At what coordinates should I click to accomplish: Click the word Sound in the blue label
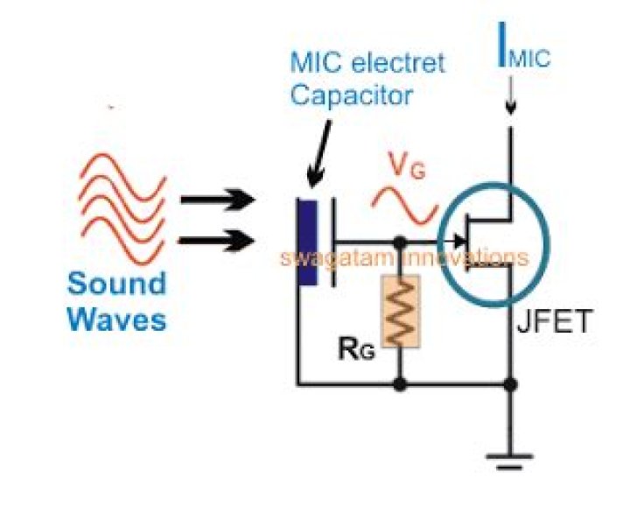pos(116,284)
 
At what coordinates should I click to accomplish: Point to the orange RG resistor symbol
pos(401,310)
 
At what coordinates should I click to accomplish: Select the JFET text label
pos(549,325)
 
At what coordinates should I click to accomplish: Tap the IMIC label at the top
pos(524,58)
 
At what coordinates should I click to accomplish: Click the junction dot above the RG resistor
pos(401,240)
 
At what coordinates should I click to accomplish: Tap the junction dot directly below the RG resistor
pos(401,383)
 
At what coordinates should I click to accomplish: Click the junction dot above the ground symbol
pos(509,383)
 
